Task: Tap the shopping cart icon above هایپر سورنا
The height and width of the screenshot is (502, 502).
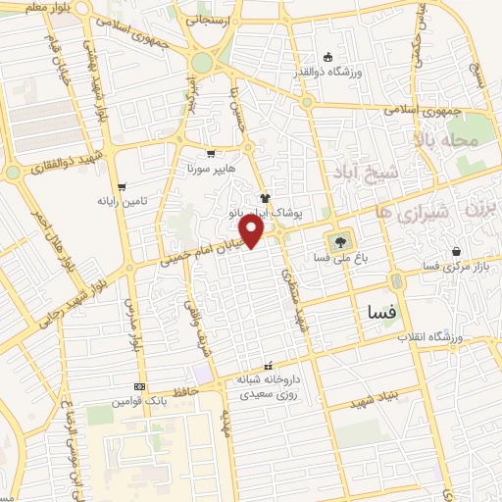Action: (x=212, y=154)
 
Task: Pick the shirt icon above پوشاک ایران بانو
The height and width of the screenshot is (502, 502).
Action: (x=265, y=197)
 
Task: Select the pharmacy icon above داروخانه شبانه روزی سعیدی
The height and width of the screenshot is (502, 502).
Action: (x=269, y=366)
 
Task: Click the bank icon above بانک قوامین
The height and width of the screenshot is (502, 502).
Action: (x=139, y=386)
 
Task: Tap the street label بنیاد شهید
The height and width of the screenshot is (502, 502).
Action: (x=380, y=393)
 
